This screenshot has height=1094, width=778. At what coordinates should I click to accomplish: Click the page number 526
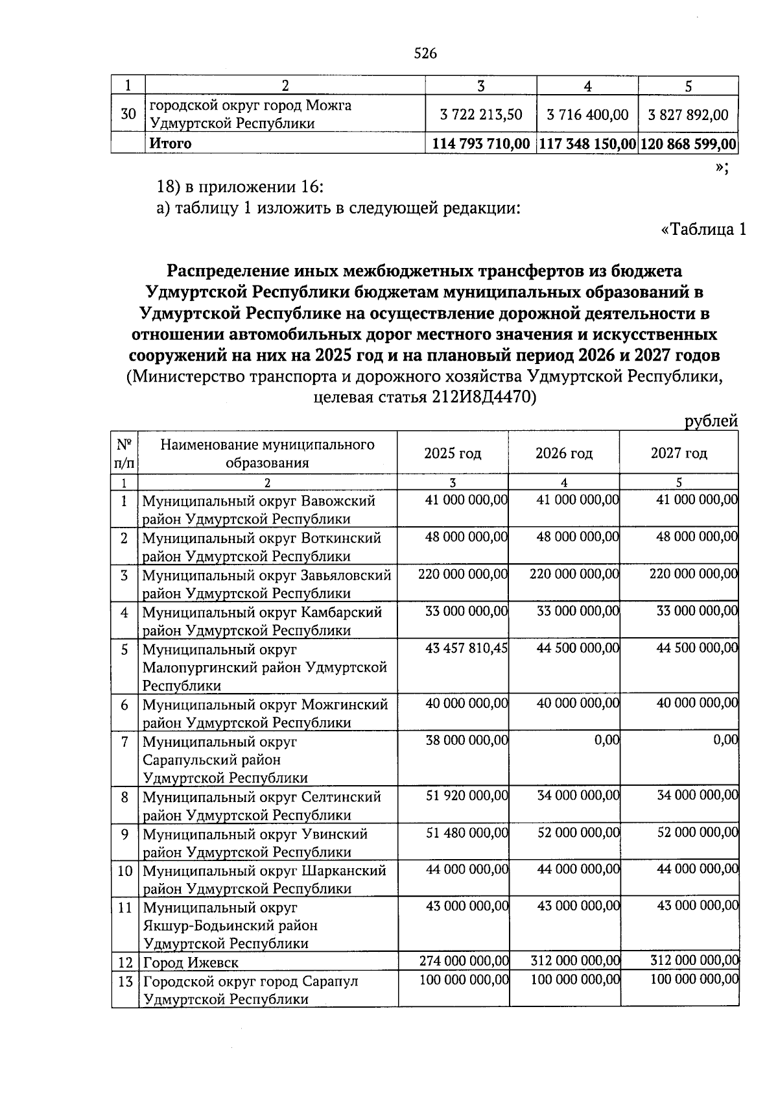[425, 54]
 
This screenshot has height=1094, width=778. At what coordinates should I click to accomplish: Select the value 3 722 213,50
[480, 115]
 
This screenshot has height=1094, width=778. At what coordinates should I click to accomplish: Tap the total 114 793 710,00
[480, 143]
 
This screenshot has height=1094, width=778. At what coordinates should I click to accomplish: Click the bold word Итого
[171, 143]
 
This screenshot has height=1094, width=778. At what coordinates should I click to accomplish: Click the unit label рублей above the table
[711, 421]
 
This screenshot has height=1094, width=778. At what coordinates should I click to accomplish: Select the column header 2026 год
[563, 454]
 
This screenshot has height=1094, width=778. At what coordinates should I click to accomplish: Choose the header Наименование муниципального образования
[267, 454]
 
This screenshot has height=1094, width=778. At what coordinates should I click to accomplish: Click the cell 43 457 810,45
[466, 648]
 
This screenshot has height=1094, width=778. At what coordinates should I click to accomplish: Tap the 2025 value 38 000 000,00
[466, 740]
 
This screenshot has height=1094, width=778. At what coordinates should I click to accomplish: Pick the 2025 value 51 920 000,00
[466, 796]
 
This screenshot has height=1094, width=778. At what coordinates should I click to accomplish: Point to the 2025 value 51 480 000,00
[466, 833]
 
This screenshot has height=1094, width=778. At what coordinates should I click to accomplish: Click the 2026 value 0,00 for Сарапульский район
[606, 740]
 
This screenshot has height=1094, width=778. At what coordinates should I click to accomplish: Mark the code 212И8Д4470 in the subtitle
[481, 397]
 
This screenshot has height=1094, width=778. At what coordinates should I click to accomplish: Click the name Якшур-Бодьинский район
[230, 925]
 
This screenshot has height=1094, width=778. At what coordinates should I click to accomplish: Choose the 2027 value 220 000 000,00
[693, 574]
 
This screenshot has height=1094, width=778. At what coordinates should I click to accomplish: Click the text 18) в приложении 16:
[240, 188]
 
